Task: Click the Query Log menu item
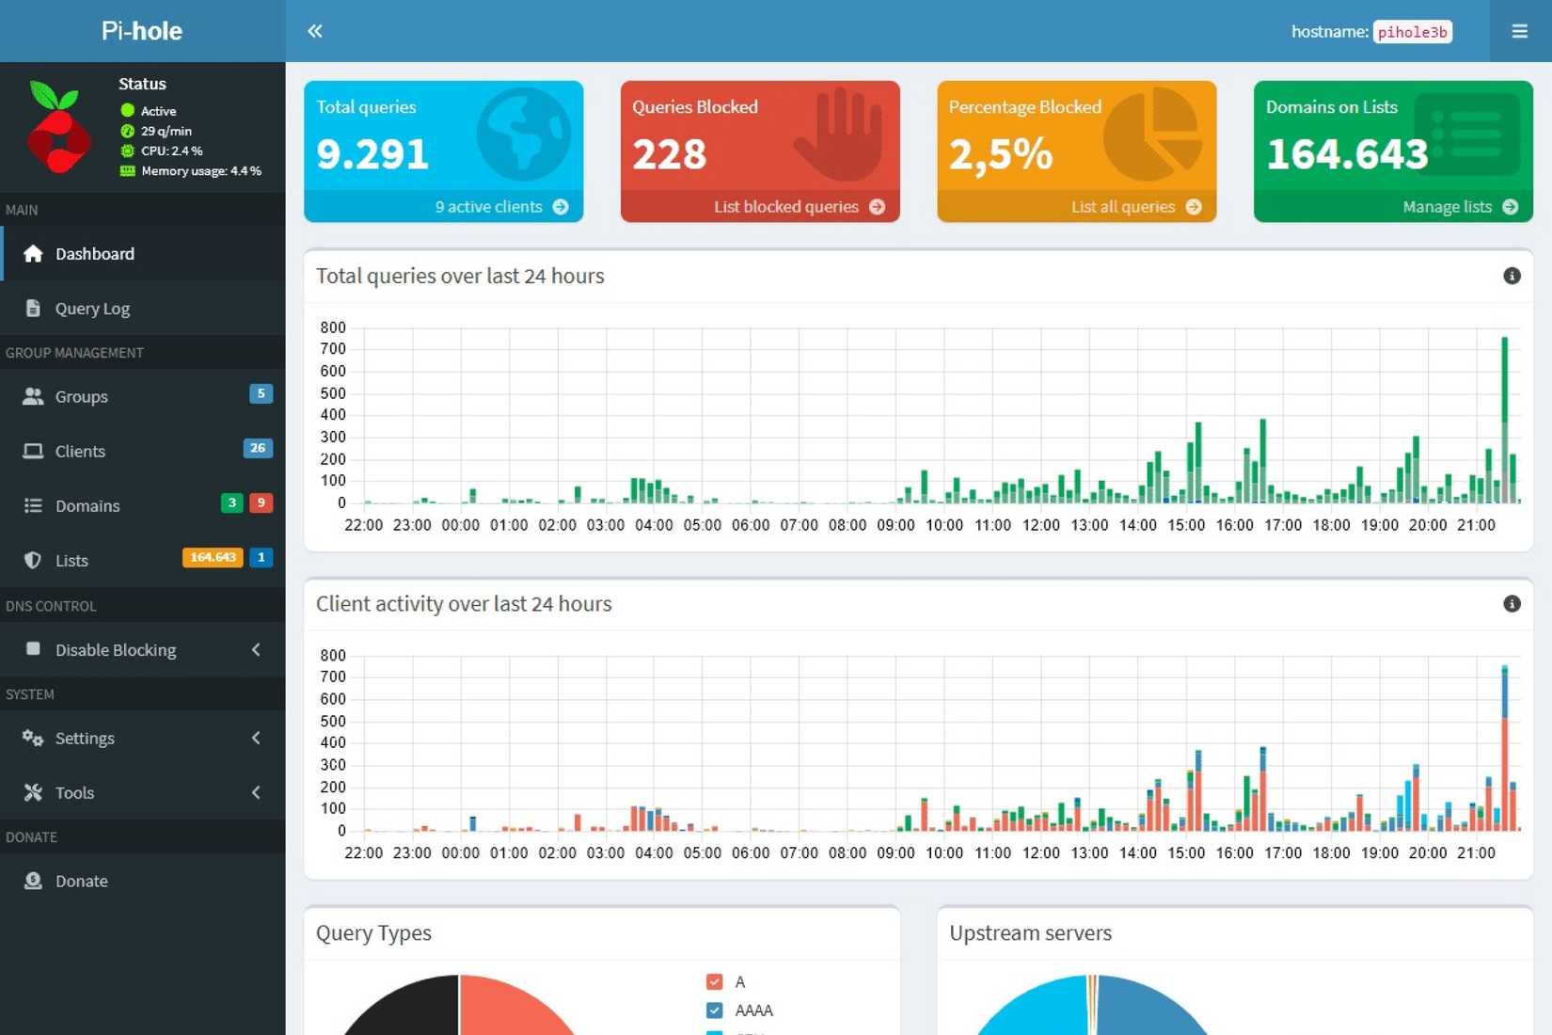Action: click(92, 309)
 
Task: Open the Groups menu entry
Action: click(81, 397)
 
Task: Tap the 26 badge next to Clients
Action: click(258, 448)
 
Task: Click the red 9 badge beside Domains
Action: click(261, 503)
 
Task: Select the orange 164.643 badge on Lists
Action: click(213, 558)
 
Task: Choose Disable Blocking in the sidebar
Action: click(116, 650)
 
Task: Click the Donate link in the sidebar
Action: click(81, 882)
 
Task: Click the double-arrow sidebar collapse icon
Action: click(315, 31)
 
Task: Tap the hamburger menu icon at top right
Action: click(1519, 31)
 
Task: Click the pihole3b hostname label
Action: click(1412, 32)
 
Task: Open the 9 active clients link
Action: click(500, 207)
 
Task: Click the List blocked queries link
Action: click(798, 207)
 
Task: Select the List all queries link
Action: click(1134, 207)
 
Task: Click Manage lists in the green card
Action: click(1459, 207)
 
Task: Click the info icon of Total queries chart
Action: click(1512, 276)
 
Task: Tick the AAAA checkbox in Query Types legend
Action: click(715, 1011)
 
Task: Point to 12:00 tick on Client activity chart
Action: click(1040, 852)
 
